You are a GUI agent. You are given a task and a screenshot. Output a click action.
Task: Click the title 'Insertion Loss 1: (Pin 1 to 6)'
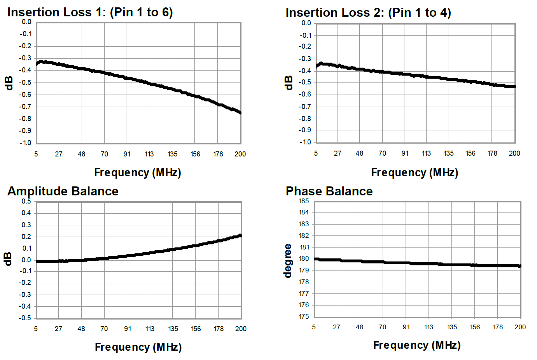point(90,12)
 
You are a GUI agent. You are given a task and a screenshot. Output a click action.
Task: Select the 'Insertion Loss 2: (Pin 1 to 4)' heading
point(368,12)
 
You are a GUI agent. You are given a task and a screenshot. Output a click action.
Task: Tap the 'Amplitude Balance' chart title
point(63,191)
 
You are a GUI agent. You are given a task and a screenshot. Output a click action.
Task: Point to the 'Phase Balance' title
point(329,191)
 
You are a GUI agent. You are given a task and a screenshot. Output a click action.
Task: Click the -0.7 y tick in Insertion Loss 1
point(26,107)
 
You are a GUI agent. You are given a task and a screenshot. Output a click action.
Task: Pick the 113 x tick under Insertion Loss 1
point(149,154)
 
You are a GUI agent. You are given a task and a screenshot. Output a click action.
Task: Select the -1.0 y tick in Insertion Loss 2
point(305,142)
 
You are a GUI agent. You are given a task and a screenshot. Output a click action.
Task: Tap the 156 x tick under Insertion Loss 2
point(471,153)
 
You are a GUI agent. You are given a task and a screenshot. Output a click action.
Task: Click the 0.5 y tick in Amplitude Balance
point(26,201)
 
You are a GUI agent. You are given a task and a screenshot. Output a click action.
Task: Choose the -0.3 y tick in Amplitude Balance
point(26,295)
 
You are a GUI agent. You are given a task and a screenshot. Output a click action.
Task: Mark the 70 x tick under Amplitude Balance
point(104,329)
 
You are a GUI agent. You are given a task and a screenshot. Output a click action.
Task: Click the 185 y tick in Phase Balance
point(304,201)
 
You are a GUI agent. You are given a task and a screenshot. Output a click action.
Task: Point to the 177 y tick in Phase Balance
point(304,293)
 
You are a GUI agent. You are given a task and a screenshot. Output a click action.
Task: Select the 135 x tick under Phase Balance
point(452,327)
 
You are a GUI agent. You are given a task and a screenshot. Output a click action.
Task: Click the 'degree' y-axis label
point(288,261)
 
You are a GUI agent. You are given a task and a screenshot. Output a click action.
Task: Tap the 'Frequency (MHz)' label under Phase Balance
point(416,345)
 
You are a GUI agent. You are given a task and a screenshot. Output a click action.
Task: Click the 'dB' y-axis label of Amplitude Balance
point(8,259)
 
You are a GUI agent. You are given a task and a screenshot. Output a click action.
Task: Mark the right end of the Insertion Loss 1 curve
point(240,113)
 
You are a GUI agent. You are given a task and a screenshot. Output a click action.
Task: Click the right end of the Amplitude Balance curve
point(240,235)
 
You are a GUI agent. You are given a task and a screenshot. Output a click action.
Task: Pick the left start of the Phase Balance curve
point(315,259)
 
